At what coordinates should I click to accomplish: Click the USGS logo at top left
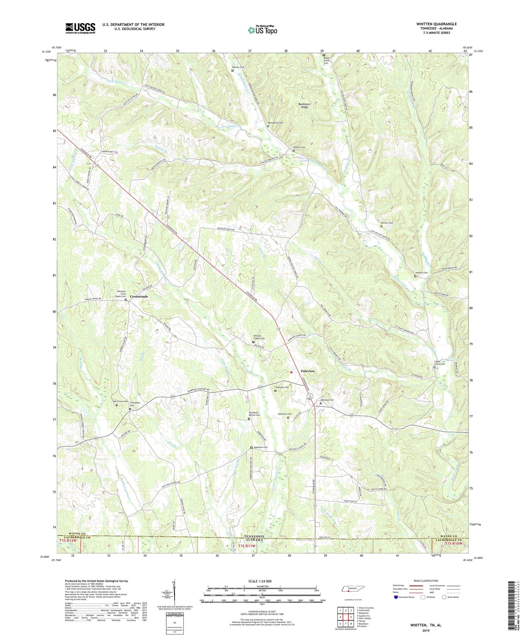point(80,28)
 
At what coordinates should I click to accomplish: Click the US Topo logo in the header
point(262,30)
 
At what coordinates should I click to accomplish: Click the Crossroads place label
point(139,296)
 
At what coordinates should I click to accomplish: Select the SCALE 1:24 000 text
point(263,581)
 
